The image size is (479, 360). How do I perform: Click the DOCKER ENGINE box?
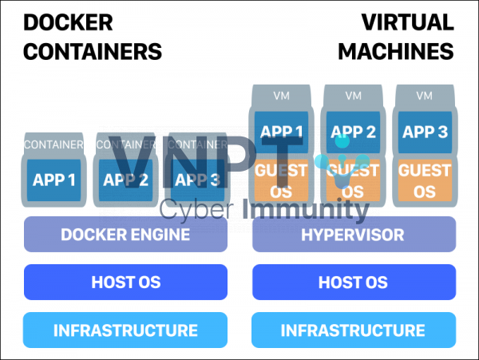(125, 235)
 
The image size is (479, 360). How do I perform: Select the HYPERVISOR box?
(354, 235)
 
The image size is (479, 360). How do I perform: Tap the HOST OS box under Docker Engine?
(125, 282)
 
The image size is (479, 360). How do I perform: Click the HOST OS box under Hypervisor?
(354, 282)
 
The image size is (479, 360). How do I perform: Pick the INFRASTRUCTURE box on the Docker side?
(125, 330)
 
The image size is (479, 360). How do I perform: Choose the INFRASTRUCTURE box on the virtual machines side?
(354, 330)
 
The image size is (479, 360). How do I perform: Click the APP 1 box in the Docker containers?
(54, 180)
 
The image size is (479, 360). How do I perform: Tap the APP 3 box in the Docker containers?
(197, 180)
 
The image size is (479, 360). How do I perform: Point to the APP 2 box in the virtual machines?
(352, 132)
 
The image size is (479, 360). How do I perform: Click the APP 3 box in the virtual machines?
(425, 132)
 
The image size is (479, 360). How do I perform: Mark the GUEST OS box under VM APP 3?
(425, 181)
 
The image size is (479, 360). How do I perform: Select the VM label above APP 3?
(425, 96)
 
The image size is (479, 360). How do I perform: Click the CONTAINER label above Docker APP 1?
(53, 144)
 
